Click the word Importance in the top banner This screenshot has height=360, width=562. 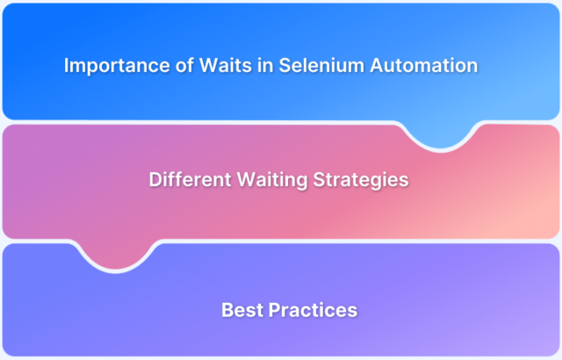[107, 65]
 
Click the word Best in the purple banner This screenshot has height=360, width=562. [239, 309]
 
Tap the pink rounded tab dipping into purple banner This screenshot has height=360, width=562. [119, 255]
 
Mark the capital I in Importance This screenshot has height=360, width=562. [67, 65]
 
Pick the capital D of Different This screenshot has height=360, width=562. [155, 180]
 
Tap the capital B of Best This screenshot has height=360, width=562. [227, 309]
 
